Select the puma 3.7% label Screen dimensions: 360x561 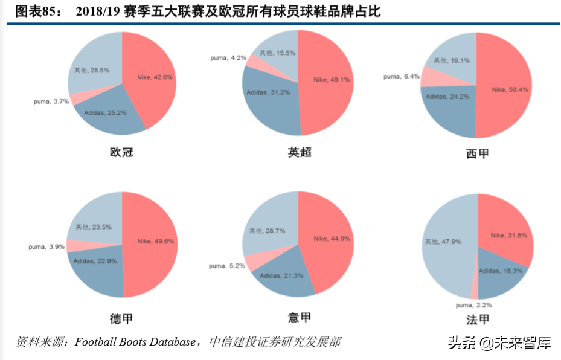pyautogui.click(x=51, y=101)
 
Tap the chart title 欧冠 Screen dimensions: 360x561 pyautogui.click(x=121, y=152)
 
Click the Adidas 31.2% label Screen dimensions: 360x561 pyautogui.click(x=268, y=92)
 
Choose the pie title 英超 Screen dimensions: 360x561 pyautogui.click(x=300, y=152)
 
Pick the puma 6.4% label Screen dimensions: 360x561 pyautogui.click(x=402, y=77)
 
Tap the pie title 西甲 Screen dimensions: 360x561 pyautogui.click(x=477, y=154)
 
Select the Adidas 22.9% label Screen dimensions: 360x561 pyautogui.click(x=95, y=261)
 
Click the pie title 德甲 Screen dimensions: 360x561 pyautogui.click(x=121, y=318)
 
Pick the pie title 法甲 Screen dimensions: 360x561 pyautogui.click(x=477, y=320)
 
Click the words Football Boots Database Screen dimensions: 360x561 pyautogui.click(x=135, y=342)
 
